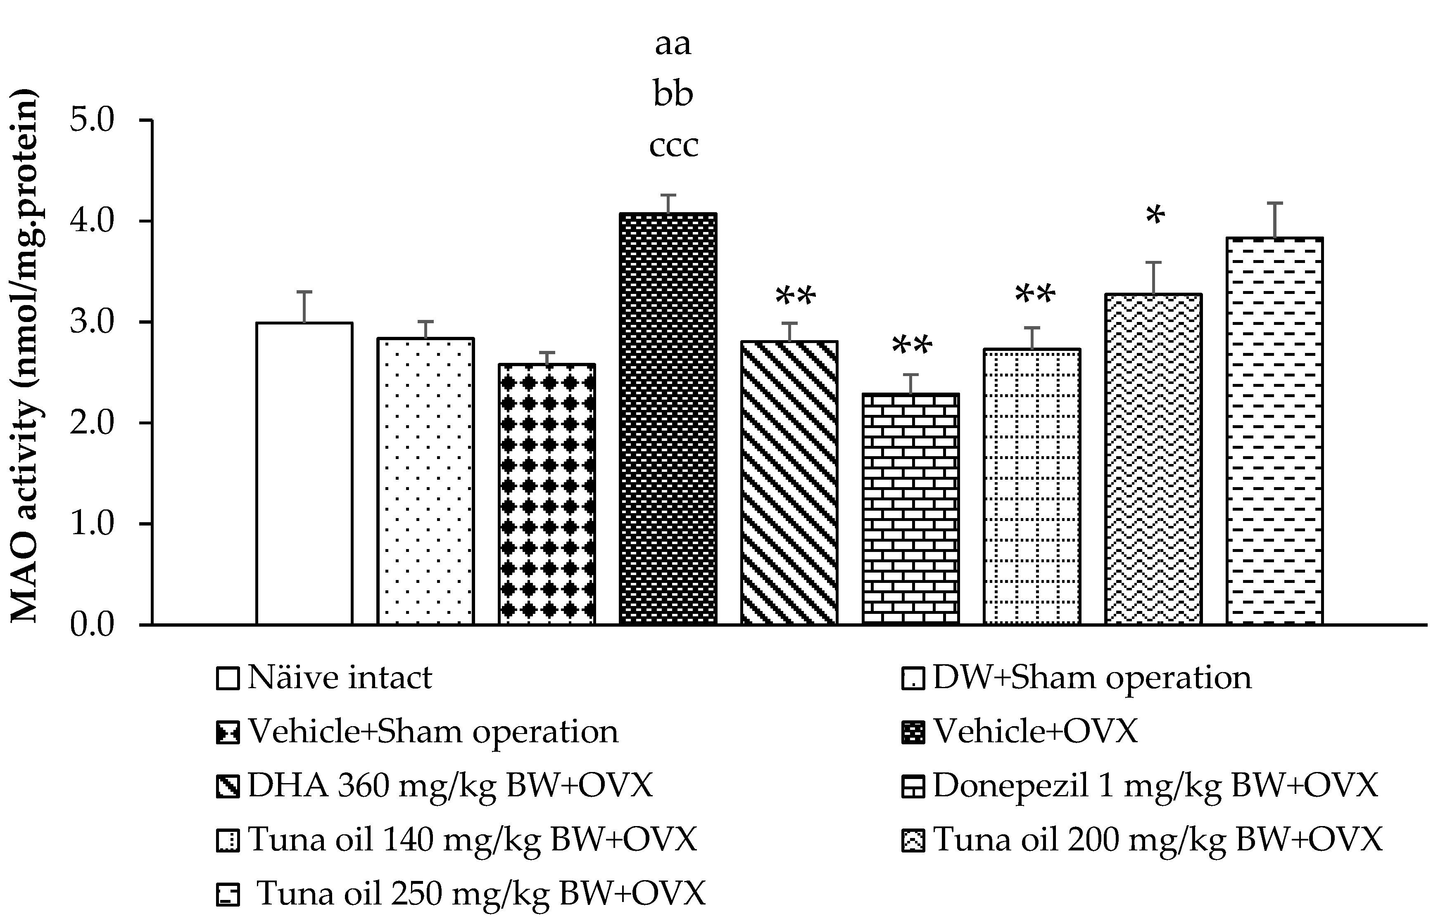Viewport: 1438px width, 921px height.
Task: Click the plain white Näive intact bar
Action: point(304,474)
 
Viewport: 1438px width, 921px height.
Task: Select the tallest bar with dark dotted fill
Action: point(668,419)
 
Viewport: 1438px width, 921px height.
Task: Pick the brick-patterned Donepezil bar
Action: point(910,509)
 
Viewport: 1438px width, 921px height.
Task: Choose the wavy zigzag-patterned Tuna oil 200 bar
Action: point(1153,459)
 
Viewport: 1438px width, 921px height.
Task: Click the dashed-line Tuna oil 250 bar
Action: point(1274,431)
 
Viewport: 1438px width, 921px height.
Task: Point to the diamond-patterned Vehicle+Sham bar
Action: point(547,494)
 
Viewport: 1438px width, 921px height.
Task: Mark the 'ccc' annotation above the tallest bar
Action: point(673,145)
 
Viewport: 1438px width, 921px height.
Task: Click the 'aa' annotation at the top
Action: point(673,44)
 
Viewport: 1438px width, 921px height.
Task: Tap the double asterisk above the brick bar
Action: point(911,346)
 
